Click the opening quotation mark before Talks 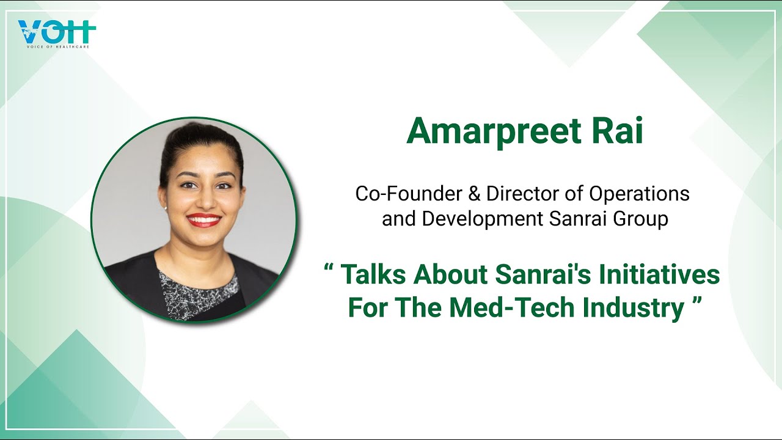pos(329,269)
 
